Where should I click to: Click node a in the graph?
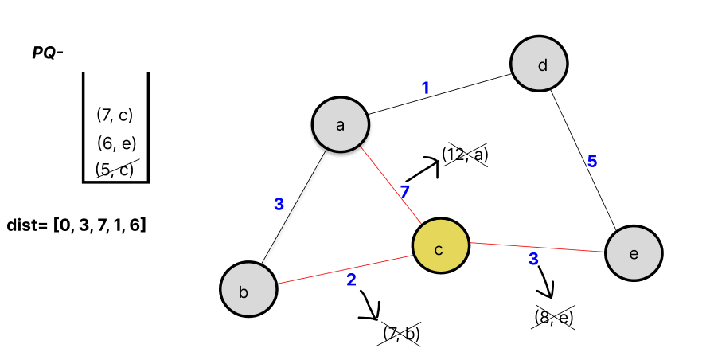(x=340, y=124)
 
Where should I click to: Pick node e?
(x=634, y=254)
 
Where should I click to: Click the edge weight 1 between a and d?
(x=426, y=88)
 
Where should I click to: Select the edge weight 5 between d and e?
(x=591, y=161)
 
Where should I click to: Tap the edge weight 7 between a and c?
(x=404, y=192)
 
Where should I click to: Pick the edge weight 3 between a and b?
(x=279, y=204)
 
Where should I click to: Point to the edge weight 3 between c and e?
(x=534, y=259)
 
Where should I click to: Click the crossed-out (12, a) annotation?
(x=465, y=155)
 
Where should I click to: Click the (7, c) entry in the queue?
(x=115, y=115)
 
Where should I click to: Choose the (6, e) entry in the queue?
(x=115, y=143)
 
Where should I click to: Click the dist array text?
(x=76, y=225)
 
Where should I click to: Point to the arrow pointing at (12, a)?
(x=423, y=169)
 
